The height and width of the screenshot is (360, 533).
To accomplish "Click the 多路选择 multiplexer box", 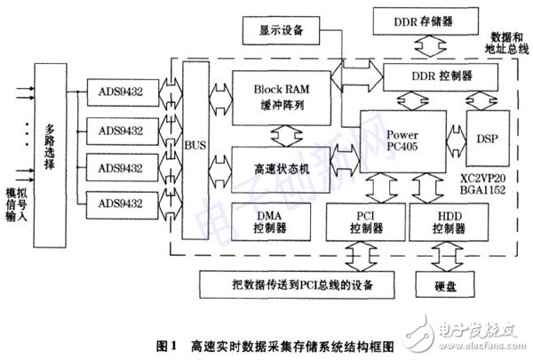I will pos(50,144).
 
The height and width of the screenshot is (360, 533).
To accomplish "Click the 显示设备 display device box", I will pos(285,31).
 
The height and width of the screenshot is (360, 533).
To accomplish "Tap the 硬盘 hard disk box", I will pos(449,284).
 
